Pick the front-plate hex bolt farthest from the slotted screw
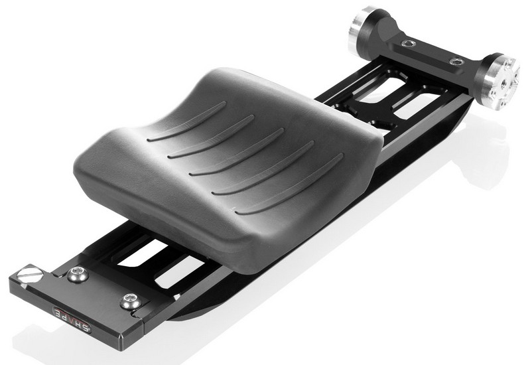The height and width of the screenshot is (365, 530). pos(129,302)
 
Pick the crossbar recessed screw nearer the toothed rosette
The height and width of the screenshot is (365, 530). pos(455,62)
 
